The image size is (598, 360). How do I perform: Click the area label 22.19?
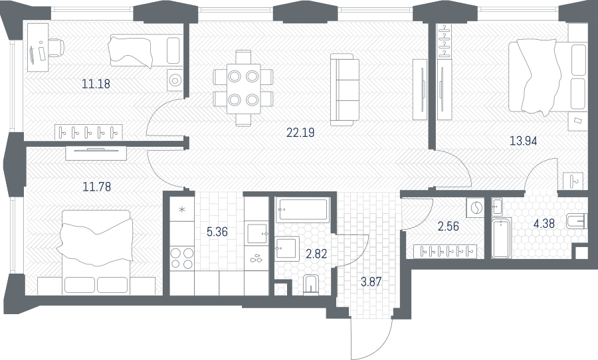point(300,133)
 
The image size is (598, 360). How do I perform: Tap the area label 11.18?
point(96,84)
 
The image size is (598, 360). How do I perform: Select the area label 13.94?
point(524,141)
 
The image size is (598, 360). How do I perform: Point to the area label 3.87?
point(371,282)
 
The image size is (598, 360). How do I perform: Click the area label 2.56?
point(448,226)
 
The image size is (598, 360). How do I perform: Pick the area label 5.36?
point(217,232)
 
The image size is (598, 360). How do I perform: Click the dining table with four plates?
point(243,88)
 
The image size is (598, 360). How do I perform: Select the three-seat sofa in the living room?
point(345,90)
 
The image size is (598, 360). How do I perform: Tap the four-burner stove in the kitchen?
point(182,258)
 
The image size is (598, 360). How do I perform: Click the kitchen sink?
point(256,233)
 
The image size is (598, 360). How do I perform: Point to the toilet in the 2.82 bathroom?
point(312,284)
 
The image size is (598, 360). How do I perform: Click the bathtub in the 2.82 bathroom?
point(302,210)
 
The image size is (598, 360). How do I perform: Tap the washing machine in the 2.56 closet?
point(475,208)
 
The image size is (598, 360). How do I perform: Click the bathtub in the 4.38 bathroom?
point(501,238)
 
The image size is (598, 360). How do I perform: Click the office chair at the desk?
point(56,47)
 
